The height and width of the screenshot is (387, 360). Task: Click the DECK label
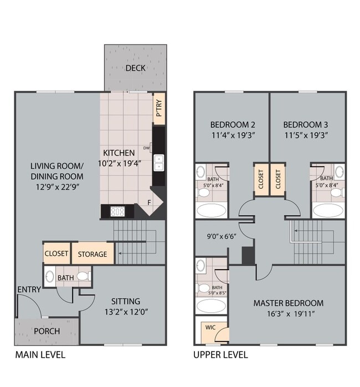tap(135, 68)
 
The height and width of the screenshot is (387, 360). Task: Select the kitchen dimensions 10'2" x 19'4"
tap(119, 163)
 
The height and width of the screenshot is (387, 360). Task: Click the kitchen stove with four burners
tap(118, 211)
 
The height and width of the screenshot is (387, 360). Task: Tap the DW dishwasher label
tap(147, 148)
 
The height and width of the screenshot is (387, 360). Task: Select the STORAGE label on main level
tap(92, 254)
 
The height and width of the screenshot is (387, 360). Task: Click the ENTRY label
tap(28, 290)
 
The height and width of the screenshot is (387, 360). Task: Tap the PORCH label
tap(47, 331)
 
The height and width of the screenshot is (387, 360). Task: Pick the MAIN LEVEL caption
tap(40, 355)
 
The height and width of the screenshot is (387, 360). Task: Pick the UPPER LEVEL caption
tap(220, 355)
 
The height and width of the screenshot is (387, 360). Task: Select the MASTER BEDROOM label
tap(288, 303)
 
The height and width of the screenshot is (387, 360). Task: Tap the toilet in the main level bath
tap(83, 276)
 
